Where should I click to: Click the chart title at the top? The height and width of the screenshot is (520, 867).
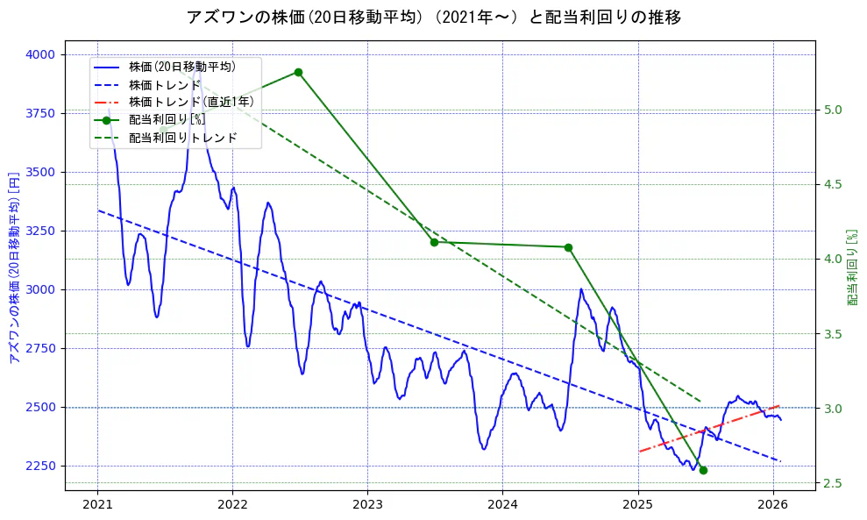pyautogui.click(x=433, y=17)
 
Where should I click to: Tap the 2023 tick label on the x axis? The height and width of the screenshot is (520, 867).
pyautogui.click(x=367, y=505)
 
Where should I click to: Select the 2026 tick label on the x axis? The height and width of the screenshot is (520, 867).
pyautogui.click(x=773, y=505)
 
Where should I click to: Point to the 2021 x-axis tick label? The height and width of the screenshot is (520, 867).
pyautogui.click(x=97, y=505)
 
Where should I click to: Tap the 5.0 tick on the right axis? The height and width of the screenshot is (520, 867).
pyautogui.click(x=833, y=110)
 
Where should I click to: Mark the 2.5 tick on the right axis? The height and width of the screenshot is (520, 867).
pyautogui.click(x=833, y=483)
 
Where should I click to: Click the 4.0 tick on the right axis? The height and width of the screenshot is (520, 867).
pyautogui.click(x=833, y=259)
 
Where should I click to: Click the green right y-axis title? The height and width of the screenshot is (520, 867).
pyautogui.click(x=851, y=267)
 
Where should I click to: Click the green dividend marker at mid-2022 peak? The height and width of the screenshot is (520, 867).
pyautogui.click(x=298, y=72)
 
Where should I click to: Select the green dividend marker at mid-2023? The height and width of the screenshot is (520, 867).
pyautogui.click(x=434, y=242)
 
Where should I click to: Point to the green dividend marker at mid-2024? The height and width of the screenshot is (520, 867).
pyautogui.click(x=568, y=247)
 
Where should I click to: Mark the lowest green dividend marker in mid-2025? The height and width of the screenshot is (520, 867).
pyautogui.click(x=703, y=470)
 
